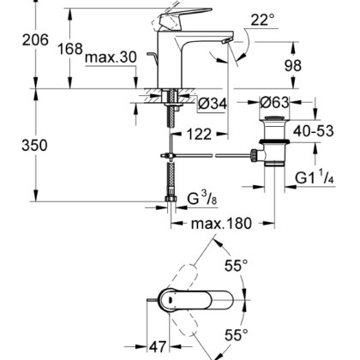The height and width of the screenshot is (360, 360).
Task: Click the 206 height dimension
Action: tap(35, 39)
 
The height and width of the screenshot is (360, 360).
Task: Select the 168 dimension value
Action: tap(70, 49)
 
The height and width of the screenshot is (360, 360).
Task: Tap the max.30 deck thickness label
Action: tap(111, 57)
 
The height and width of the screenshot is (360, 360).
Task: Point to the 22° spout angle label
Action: tap(262, 20)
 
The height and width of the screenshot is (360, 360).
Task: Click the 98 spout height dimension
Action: tap(293, 66)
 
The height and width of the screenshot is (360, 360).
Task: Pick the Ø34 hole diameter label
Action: tap(213, 104)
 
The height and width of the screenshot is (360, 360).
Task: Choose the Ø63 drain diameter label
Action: tap(274, 102)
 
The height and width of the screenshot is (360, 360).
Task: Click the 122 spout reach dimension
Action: tap(199, 134)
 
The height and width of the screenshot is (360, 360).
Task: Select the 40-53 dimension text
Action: tap(314, 131)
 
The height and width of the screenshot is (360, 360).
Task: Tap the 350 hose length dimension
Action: tap(34, 145)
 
